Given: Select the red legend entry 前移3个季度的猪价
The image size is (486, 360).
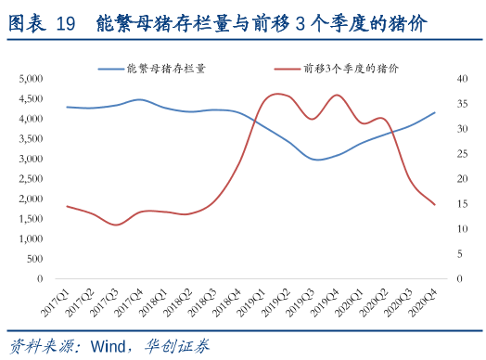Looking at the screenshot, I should [351, 69].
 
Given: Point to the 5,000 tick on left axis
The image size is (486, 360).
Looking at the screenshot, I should [31, 79].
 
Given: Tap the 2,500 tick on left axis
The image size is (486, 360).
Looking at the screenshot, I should [31, 179].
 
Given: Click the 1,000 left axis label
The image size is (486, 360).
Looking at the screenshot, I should [31, 238].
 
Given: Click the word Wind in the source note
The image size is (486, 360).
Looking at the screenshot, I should [108, 347].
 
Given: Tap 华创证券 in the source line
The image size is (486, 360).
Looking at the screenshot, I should [177, 347].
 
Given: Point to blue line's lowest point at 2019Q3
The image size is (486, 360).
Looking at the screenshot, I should [318, 160].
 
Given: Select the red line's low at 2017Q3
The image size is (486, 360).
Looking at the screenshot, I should [115, 225].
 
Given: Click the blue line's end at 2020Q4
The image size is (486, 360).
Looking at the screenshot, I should [435, 112].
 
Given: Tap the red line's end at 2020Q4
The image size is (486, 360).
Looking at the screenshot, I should [435, 204].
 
